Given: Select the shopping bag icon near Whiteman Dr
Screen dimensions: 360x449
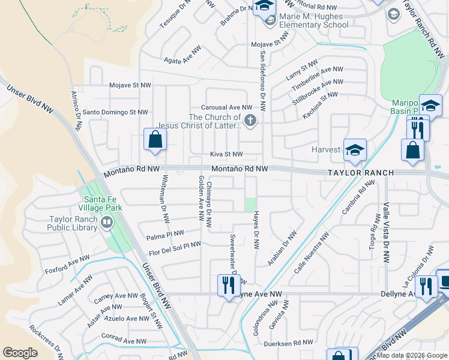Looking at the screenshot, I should (x=155, y=140).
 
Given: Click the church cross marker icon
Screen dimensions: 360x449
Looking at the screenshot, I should (x=250, y=122).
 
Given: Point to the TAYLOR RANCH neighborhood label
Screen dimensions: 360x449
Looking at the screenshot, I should (x=360, y=173).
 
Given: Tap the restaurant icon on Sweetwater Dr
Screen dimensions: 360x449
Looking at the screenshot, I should (x=228, y=285).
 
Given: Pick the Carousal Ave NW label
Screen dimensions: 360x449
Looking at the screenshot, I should (x=226, y=107).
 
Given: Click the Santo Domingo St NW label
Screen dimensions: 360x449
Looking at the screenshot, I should (x=115, y=112).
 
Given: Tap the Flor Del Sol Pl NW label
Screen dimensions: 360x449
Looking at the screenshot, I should (x=175, y=248).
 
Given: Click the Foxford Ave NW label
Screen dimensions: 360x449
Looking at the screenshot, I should (x=67, y=265).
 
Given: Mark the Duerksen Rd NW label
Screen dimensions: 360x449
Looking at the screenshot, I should (x=292, y=342).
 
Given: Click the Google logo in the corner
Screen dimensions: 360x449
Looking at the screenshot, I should (x=20, y=353).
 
